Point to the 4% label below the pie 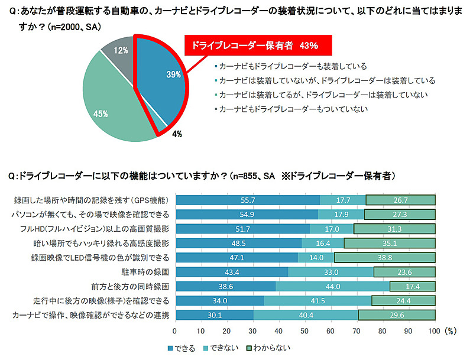point(177,134)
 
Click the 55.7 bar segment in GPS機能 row point(248,200)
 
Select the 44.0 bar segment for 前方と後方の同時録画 point(333,286)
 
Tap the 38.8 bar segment point(384,257)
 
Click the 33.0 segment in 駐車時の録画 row point(331,271)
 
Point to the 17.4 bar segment point(413,286)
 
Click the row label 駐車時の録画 point(145,271)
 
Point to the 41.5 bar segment point(318,300)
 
